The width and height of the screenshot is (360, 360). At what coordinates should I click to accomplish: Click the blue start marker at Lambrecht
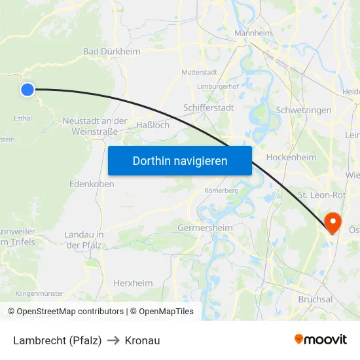(27, 90)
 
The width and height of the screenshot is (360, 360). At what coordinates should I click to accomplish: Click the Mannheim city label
(253, 33)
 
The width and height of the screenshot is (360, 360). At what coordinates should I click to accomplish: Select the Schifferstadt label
(209, 107)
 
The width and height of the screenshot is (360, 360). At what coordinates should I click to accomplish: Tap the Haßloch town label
(153, 124)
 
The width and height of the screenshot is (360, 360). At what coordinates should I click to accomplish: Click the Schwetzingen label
(304, 110)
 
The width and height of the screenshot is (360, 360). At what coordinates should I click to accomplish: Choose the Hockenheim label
(292, 157)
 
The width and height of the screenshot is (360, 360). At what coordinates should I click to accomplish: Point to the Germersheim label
(205, 228)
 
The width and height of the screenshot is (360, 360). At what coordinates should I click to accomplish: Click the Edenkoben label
(92, 184)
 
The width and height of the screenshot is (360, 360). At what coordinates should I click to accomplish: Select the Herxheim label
(133, 283)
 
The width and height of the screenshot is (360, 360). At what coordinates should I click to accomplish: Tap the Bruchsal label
(315, 299)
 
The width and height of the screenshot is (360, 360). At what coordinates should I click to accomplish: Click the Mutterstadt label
(200, 72)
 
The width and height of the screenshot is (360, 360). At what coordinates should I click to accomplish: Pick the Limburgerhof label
(217, 86)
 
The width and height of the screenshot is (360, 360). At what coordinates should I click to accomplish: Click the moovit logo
(320, 339)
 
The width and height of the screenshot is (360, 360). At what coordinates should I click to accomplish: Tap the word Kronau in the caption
(142, 340)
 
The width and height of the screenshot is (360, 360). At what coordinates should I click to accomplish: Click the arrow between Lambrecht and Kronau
(113, 340)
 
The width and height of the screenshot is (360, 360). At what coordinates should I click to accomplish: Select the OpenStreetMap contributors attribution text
(70, 312)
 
